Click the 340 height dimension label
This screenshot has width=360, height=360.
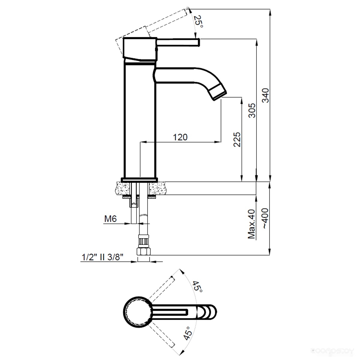[x=265, y=95]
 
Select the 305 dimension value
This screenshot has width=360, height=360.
[x=252, y=110]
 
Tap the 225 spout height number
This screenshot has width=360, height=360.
[x=237, y=139]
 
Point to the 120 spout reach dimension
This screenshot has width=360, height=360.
[x=180, y=137]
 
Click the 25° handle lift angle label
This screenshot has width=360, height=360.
[x=198, y=22]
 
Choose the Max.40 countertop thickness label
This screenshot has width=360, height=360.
[x=252, y=224]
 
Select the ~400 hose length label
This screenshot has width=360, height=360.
[x=265, y=218]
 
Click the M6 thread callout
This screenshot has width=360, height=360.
[x=110, y=219]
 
